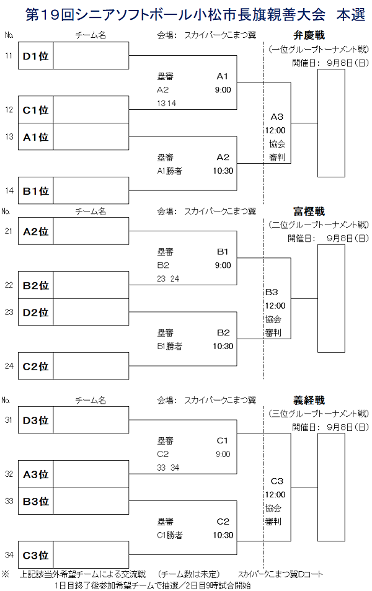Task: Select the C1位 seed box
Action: click(36, 110)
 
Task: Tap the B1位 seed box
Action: click(36, 191)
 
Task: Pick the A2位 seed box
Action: click(36, 232)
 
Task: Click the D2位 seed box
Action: click(36, 313)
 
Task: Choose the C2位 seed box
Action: click(36, 366)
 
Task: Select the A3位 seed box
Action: click(36, 474)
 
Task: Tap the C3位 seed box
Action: click(36, 555)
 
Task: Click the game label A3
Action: click(277, 117)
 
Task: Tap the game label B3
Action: click(271, 292)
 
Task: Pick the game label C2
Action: click(223, 522)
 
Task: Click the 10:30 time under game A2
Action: click(223, 171)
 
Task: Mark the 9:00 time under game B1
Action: click(223, 265)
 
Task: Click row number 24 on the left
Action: click(9, 366)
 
